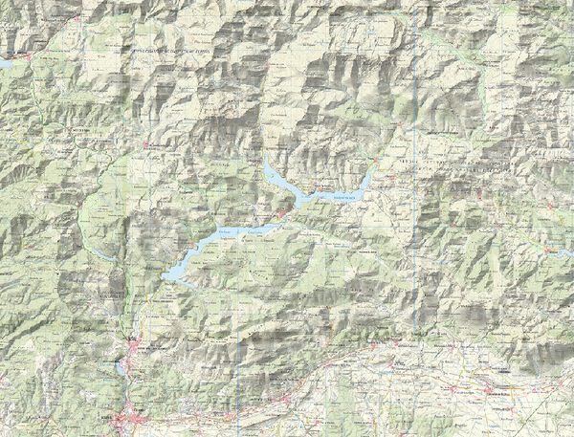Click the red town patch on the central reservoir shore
click(286, 212)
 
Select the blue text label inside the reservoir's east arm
click(342, 195)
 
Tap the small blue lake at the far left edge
click(5, 63)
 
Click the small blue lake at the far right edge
click(554, 252)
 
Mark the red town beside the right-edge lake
click(547, 250)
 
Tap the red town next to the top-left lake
click(29, 57)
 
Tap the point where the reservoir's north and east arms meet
click(296, 195)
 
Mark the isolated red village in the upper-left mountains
click(145, 143)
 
